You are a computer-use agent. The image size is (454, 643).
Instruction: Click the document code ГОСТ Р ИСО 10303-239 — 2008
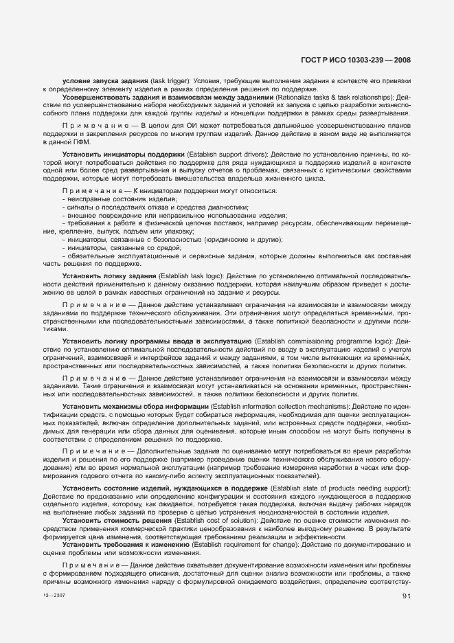356,60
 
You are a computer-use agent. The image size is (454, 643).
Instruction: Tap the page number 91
406,597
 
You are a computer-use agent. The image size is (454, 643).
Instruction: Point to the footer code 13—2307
52,597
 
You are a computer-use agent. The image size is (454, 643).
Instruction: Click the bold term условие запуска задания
104,82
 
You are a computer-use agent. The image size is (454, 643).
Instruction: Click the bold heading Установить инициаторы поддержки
124,154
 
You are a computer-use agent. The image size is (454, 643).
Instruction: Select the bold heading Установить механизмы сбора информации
135,407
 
